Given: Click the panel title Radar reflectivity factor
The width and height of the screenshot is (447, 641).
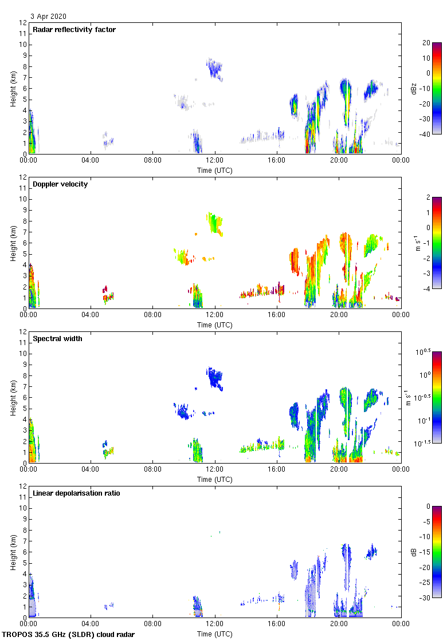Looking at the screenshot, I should [74, 30].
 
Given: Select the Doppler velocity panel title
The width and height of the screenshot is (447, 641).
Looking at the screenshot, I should [60, 184].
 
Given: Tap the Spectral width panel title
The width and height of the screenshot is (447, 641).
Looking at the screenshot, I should [57, 339].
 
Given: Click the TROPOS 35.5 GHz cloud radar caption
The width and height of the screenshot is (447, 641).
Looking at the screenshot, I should [69, 635].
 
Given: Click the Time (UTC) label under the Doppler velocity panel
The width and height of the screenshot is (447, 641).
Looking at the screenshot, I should [215, 325].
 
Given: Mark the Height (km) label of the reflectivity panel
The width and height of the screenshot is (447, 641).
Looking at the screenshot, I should [13, 89].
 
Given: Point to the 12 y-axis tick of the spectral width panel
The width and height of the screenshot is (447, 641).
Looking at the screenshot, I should [23, 332].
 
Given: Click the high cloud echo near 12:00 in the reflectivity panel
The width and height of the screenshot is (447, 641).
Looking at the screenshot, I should [215, 69].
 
